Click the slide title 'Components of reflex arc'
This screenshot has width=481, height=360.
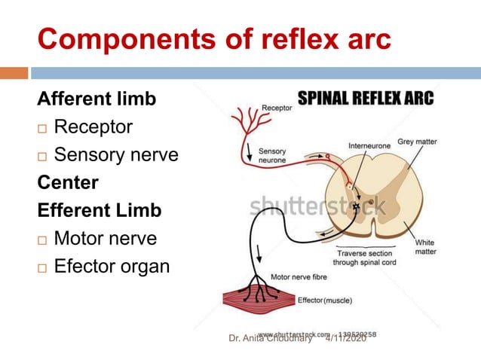pos(214,38)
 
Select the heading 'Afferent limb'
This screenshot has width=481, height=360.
pos(97,99)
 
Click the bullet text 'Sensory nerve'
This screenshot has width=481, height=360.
pos(116,155)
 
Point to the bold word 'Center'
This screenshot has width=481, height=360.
pos(68,182)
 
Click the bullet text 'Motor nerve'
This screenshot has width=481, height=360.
pos(106,238)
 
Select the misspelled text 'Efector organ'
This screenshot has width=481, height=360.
pos(112,266)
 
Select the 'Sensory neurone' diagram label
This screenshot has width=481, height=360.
pos(273,157)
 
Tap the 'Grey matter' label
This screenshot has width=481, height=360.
pos(417,141)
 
